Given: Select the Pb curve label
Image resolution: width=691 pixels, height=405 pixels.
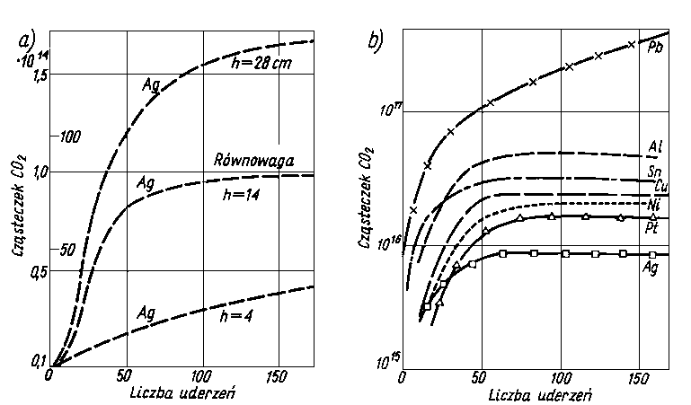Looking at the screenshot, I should (656, 47).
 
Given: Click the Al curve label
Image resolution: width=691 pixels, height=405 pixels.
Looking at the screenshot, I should (657, 146).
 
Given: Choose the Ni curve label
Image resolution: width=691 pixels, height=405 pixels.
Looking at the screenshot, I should (655, 206).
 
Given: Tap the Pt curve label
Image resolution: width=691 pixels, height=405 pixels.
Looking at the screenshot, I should (656, 228).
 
